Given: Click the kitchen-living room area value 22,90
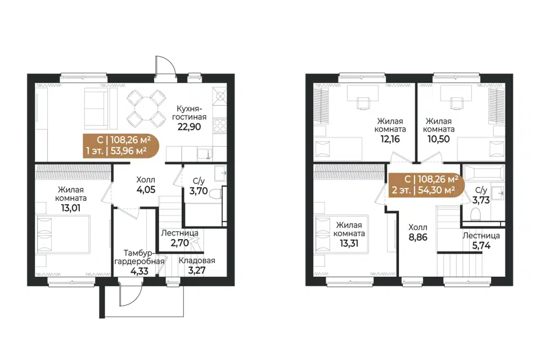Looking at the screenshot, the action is [x=189, y=127].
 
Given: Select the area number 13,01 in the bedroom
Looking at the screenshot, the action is [x=71, y=208].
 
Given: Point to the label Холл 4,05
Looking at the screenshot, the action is [x=146, y=184].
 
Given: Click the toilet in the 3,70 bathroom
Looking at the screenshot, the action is [x=216, y=194].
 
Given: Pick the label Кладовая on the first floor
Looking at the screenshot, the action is [x=197, y=260].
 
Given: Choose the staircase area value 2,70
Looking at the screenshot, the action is [x=179, y=242].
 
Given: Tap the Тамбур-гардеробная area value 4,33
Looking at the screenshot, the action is [x=139, y=271].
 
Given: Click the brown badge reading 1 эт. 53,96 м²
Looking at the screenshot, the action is [x=121, y=145].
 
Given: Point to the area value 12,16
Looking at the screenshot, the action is [x=390, y=139].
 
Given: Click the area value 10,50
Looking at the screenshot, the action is [x=438, y=139].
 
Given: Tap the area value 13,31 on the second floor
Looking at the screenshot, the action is [x=349, y=243].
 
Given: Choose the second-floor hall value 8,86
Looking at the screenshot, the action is [x=418, y=237].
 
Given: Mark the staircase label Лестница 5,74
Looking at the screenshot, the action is [x=481, y=240].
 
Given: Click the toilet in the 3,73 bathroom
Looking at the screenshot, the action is [x=476, y=214].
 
